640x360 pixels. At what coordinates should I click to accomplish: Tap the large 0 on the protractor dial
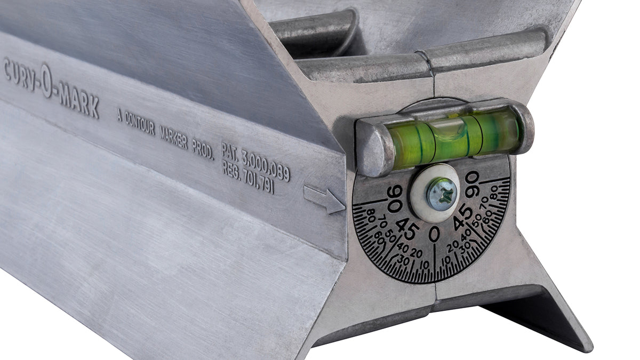click(x=434, y=234)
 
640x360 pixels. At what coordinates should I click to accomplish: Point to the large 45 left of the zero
click(x=406, y=229)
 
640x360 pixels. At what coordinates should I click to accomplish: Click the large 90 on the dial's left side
click(x=395, y=198)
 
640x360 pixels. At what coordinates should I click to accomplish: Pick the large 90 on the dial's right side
click(x=471, y=185)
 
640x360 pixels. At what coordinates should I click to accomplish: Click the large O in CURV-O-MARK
click(x=46, y=81)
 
